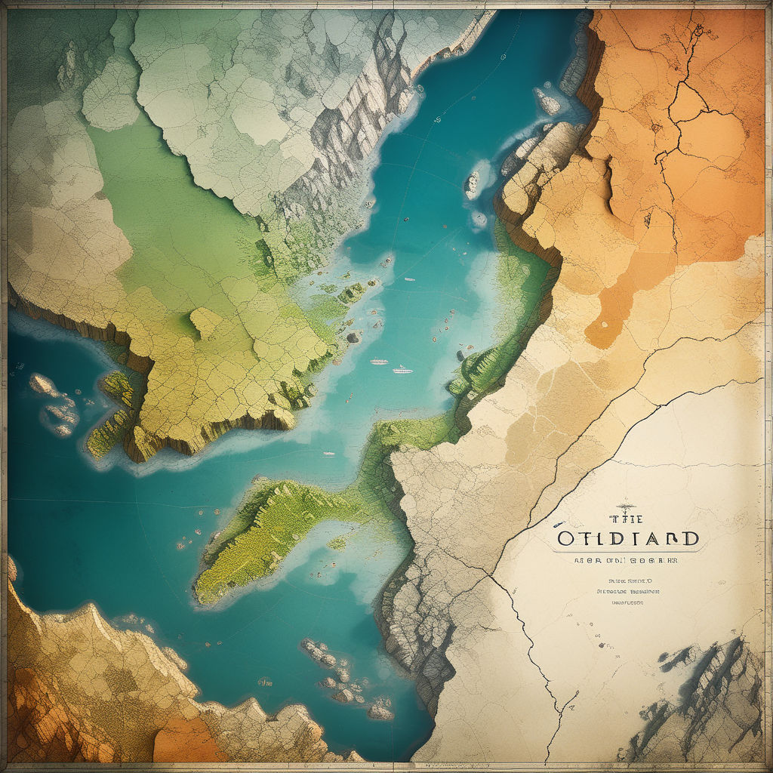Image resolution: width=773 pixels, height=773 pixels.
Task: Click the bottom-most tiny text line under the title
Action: pos(626,603)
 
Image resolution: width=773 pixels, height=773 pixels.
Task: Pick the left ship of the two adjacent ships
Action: pos(379,362)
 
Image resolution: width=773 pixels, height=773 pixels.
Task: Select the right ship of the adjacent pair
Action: pos(402,370)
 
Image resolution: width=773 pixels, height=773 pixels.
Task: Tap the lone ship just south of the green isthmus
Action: pos(329,454)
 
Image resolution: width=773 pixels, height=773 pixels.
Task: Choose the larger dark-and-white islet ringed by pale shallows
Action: pos(473,183)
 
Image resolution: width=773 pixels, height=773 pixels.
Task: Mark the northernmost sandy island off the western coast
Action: pos(44,384)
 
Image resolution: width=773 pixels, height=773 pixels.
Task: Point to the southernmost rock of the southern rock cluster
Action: pos(380,711)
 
